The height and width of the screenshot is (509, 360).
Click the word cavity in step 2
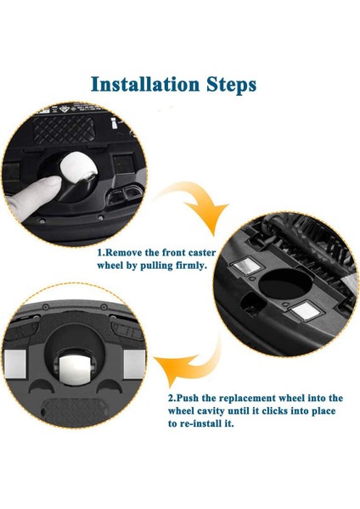pos(228,411)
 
